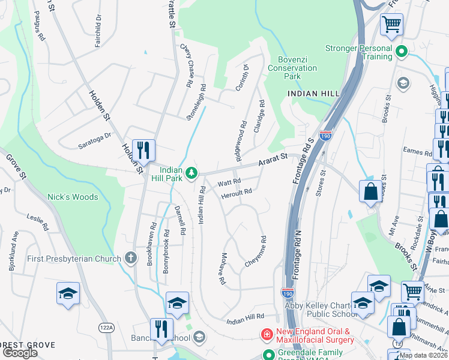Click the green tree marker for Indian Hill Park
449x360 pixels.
[x=191, y=173]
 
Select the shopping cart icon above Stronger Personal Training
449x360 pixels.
[x=391, y=25]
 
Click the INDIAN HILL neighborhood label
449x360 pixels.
[x=313, y=94]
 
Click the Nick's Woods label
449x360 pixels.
[x=73, y=197]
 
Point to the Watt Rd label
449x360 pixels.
[x=229, y=181]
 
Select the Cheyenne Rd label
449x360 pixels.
[x=256, y=256]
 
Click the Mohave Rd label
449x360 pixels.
[x=221, y=269]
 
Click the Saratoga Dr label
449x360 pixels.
[x=95, y=141]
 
